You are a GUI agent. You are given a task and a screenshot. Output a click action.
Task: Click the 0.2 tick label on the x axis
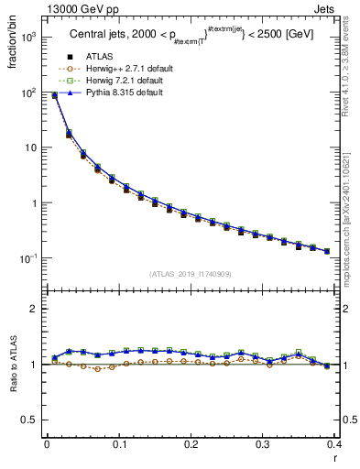[191, 444]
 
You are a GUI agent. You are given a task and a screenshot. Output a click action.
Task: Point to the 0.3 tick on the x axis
[263, 444]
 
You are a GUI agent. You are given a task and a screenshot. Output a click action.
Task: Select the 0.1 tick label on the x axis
[119, 444]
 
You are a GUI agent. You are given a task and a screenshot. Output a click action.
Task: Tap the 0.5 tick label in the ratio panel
[30, 420]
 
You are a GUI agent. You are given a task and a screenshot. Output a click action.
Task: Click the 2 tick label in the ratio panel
[35, 309]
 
